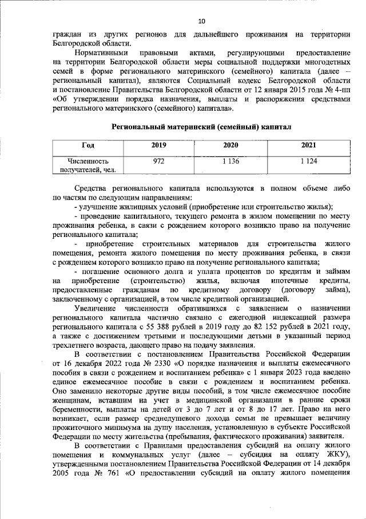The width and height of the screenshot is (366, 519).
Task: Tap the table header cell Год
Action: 88,145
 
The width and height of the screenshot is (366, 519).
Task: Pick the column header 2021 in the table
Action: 308,145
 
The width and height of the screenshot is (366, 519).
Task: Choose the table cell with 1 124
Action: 308,162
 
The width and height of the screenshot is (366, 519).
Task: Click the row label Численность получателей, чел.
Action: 88,166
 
